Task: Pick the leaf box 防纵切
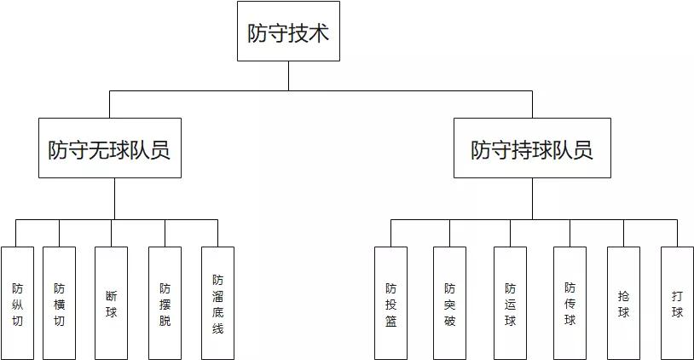tap(18, 303)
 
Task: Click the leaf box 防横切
tap(59, 303)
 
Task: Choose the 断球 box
tap(112, 303)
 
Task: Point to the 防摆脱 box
tap(165, 303)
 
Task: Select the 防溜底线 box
tap(217, 303)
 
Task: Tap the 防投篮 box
tap(391, 303)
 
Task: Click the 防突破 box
tap(449, 303)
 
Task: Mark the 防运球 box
tap(510, 303)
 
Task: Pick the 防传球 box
tap(570, 303)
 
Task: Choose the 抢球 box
tap(623, 303)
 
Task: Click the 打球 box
tap(677, 303)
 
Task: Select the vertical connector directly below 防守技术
tap(288, 75)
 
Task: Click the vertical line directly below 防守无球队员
tap(115, 198)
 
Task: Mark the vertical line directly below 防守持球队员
tap(532, 198)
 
